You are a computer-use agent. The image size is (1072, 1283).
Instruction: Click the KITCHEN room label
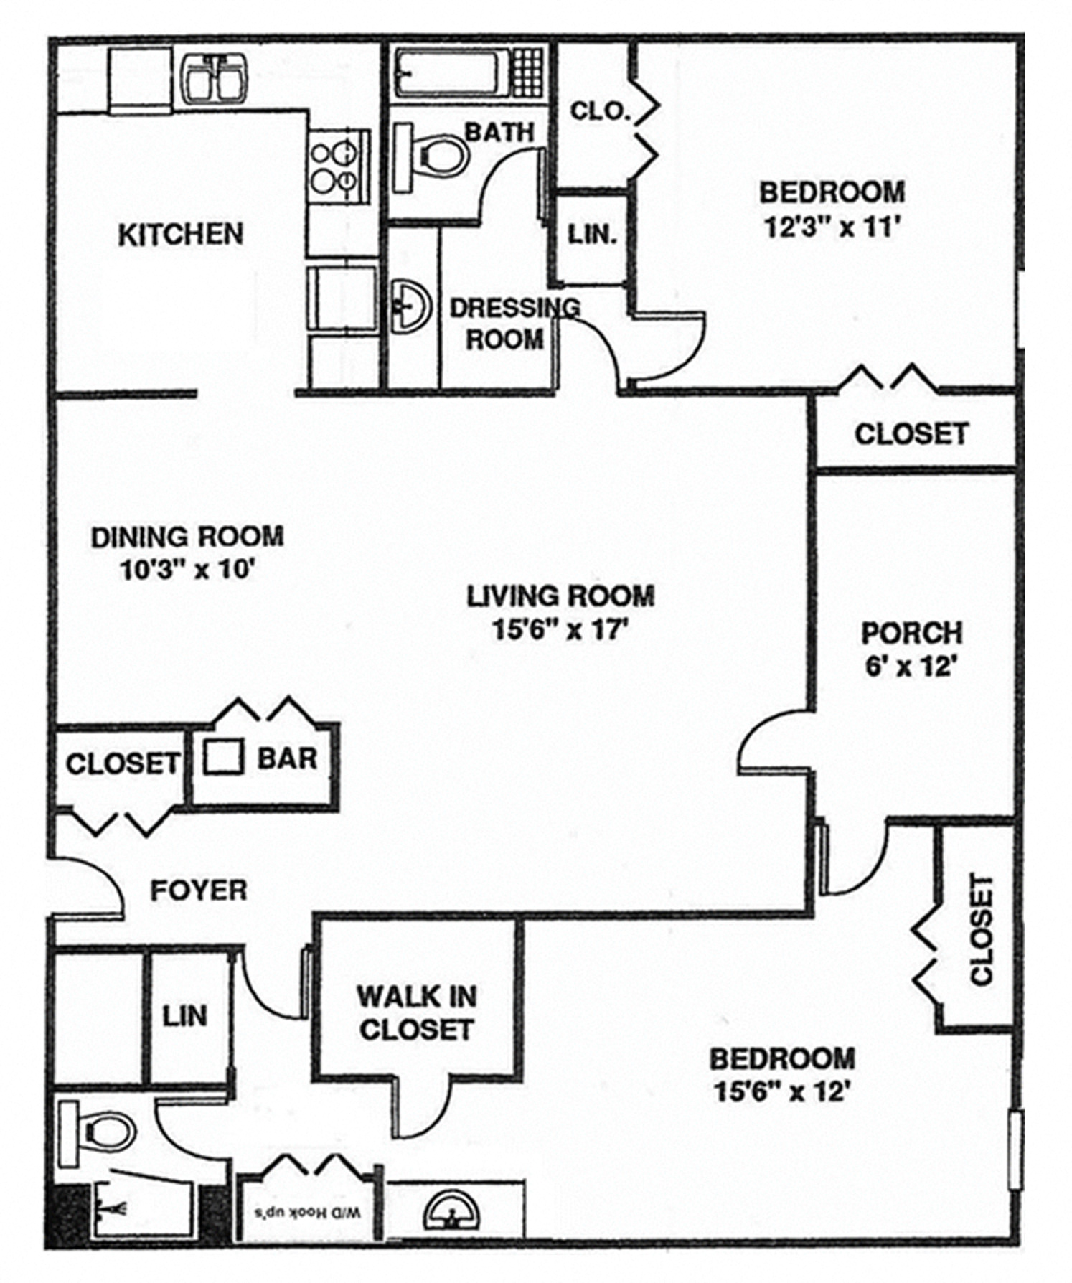tap(180, 235)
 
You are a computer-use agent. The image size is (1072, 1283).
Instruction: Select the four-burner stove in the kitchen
tap(339, 167)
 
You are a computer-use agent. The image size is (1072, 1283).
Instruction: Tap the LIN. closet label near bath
tap(592, 234)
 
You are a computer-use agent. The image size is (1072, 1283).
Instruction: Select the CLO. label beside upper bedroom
tap(600, 111)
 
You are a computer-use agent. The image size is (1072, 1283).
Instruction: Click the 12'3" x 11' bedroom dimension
tap(832, 227)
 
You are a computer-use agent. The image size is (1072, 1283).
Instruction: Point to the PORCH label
tap(912, 633)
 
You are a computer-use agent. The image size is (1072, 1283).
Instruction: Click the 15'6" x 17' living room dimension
tap(560, 630)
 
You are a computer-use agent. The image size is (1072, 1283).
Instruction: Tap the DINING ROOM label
tap(187, 537)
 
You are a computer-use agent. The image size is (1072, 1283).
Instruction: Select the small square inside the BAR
tap(222, 756)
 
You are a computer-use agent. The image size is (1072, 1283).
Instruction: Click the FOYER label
tap(199, 890)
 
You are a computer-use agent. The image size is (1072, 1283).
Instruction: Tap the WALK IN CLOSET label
tap(417, 1012)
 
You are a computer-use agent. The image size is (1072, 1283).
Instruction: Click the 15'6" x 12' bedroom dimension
tap(782, 1092)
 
